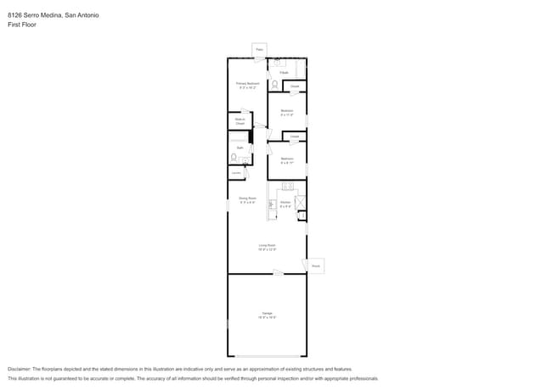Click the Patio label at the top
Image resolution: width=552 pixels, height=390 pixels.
[x=260, y=50]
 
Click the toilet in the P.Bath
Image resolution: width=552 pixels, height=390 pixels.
[x=274, y=84]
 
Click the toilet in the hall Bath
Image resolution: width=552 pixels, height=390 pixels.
[x=234, y=157]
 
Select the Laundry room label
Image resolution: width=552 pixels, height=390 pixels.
[x=236, y=173]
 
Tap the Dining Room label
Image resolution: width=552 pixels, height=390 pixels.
[x=247, y=201]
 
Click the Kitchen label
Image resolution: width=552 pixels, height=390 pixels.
[x=285, y=203]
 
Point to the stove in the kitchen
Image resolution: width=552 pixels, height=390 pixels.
[x=287, y=186]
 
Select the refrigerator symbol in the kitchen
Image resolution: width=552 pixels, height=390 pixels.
[x=300, y=203]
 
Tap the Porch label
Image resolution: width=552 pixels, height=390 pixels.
[x=315, y=265]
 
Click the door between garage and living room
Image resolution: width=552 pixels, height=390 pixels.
[x=277, y=272]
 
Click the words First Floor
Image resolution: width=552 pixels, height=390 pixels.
[x=22, y=25]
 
